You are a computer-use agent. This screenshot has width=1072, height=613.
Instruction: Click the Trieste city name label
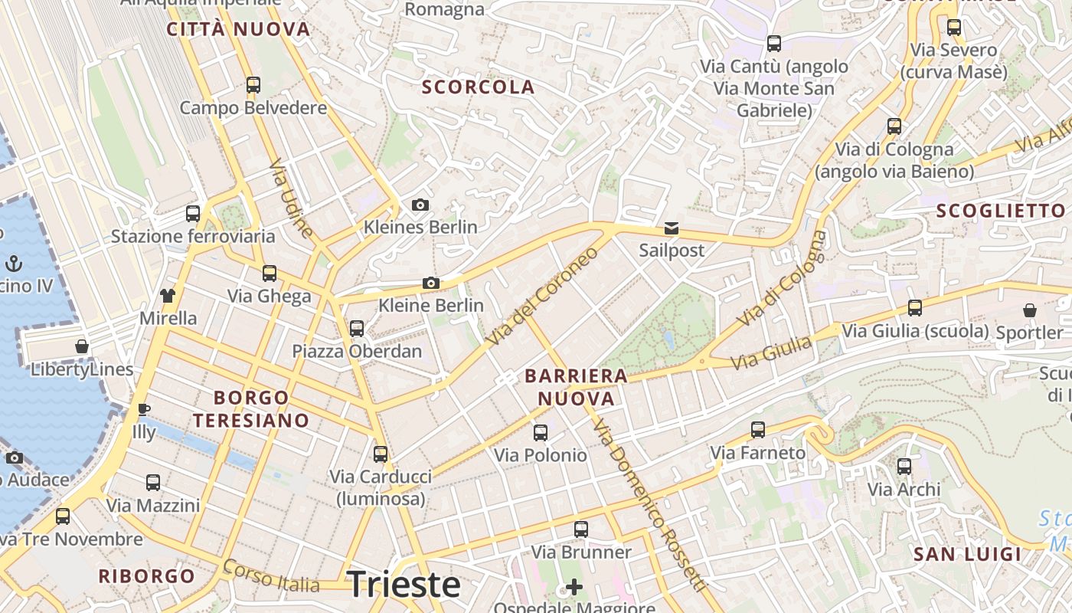click(404, 585)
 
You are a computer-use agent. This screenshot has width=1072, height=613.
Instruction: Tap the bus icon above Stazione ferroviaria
click(193, 214)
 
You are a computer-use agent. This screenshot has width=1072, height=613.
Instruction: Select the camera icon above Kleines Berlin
click(420, 205)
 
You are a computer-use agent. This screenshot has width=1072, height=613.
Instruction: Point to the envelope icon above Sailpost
click(672, 228)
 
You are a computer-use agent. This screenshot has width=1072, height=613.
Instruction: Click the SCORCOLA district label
click(478, 87)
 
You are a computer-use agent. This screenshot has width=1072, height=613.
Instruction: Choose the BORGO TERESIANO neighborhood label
click(251, 408)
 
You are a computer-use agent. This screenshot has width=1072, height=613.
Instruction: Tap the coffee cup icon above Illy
click(143, 409)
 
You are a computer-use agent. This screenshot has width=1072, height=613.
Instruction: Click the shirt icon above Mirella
click(168, 295)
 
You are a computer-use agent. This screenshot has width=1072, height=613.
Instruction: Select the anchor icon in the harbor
click(13, 264)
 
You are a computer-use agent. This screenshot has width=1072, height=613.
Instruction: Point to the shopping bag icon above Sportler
click(1030, 310)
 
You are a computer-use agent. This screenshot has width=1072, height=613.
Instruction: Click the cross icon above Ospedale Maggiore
click(574, 587)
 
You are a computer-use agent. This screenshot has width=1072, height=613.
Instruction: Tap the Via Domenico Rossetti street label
click(649, 506)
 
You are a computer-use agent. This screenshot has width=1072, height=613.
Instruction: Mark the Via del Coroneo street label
click(542, 295)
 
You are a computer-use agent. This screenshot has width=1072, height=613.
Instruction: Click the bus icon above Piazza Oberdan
click(357, 329)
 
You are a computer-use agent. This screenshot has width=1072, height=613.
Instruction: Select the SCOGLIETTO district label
click(1001, 211)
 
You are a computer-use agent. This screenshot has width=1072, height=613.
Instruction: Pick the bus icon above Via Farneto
click(758, 430)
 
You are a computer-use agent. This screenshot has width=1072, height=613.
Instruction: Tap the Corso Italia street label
click(271, 576)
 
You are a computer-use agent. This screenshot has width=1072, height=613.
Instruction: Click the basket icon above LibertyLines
click(82, 346)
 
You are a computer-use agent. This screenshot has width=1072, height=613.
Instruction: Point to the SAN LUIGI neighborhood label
click(968, 554)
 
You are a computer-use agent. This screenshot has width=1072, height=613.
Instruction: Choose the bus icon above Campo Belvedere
click(253, 85)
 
